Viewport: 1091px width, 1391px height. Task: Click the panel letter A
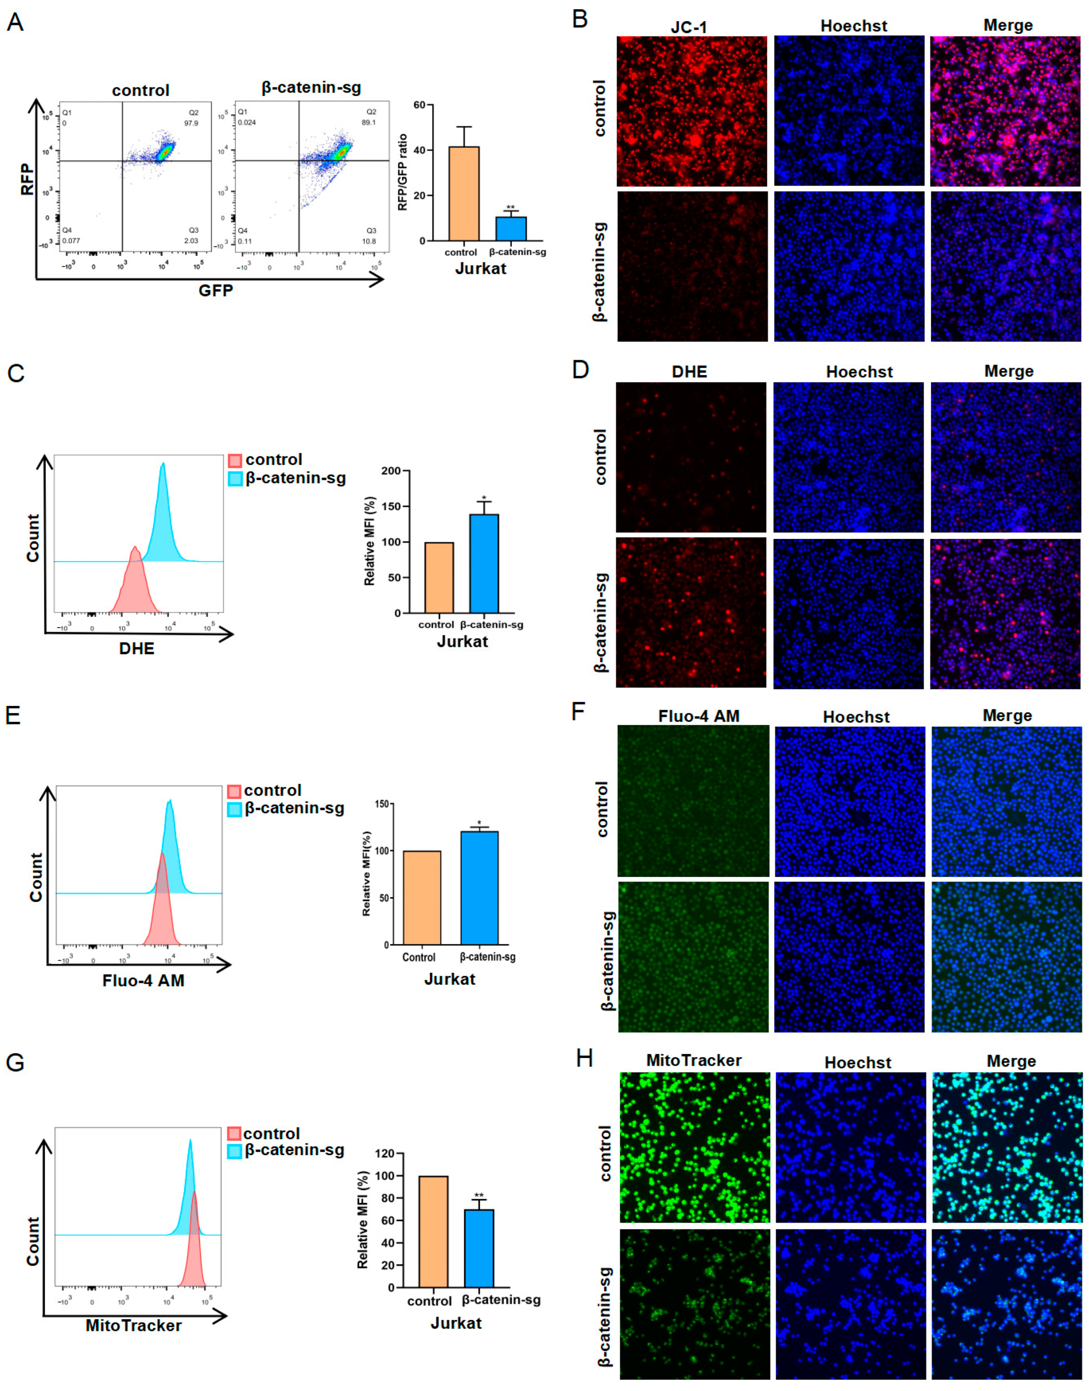click(x=15, y=23)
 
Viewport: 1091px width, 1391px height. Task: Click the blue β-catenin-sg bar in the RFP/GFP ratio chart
click(x=511, y=229)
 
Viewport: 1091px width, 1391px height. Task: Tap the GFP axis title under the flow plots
click(x=215, y=291)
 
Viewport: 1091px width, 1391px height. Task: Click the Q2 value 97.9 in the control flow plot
click(x=191, y=123)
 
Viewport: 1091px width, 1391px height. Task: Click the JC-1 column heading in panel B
click(x=689, y=27)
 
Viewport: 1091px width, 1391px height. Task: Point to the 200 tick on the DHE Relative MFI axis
click(x=391, y=471)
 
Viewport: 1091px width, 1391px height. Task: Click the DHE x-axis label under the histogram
click(x=137, y=648)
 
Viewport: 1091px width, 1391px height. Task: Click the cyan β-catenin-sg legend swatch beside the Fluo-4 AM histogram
click(x=234, y=809)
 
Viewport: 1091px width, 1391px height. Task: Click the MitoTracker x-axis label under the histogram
click(x=134, y=1325)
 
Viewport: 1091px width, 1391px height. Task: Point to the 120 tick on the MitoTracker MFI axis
click(x=385, y=1154)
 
